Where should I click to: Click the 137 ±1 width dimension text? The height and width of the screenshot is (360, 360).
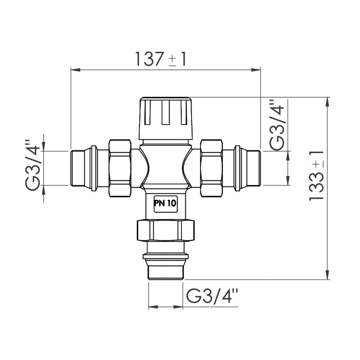coord(161,59)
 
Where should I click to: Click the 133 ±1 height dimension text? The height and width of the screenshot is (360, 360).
coord(317,175)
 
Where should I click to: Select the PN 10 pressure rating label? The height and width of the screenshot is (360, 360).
coord(165,203)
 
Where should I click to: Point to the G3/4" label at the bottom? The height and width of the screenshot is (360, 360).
coord(211,296)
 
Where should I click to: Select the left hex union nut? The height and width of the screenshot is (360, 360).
coord(120,167)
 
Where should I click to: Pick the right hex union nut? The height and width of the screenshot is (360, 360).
coord(211,167)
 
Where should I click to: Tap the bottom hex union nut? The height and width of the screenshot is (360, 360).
coord(166,230)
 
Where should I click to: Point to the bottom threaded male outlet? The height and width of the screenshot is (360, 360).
coord(166,270)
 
